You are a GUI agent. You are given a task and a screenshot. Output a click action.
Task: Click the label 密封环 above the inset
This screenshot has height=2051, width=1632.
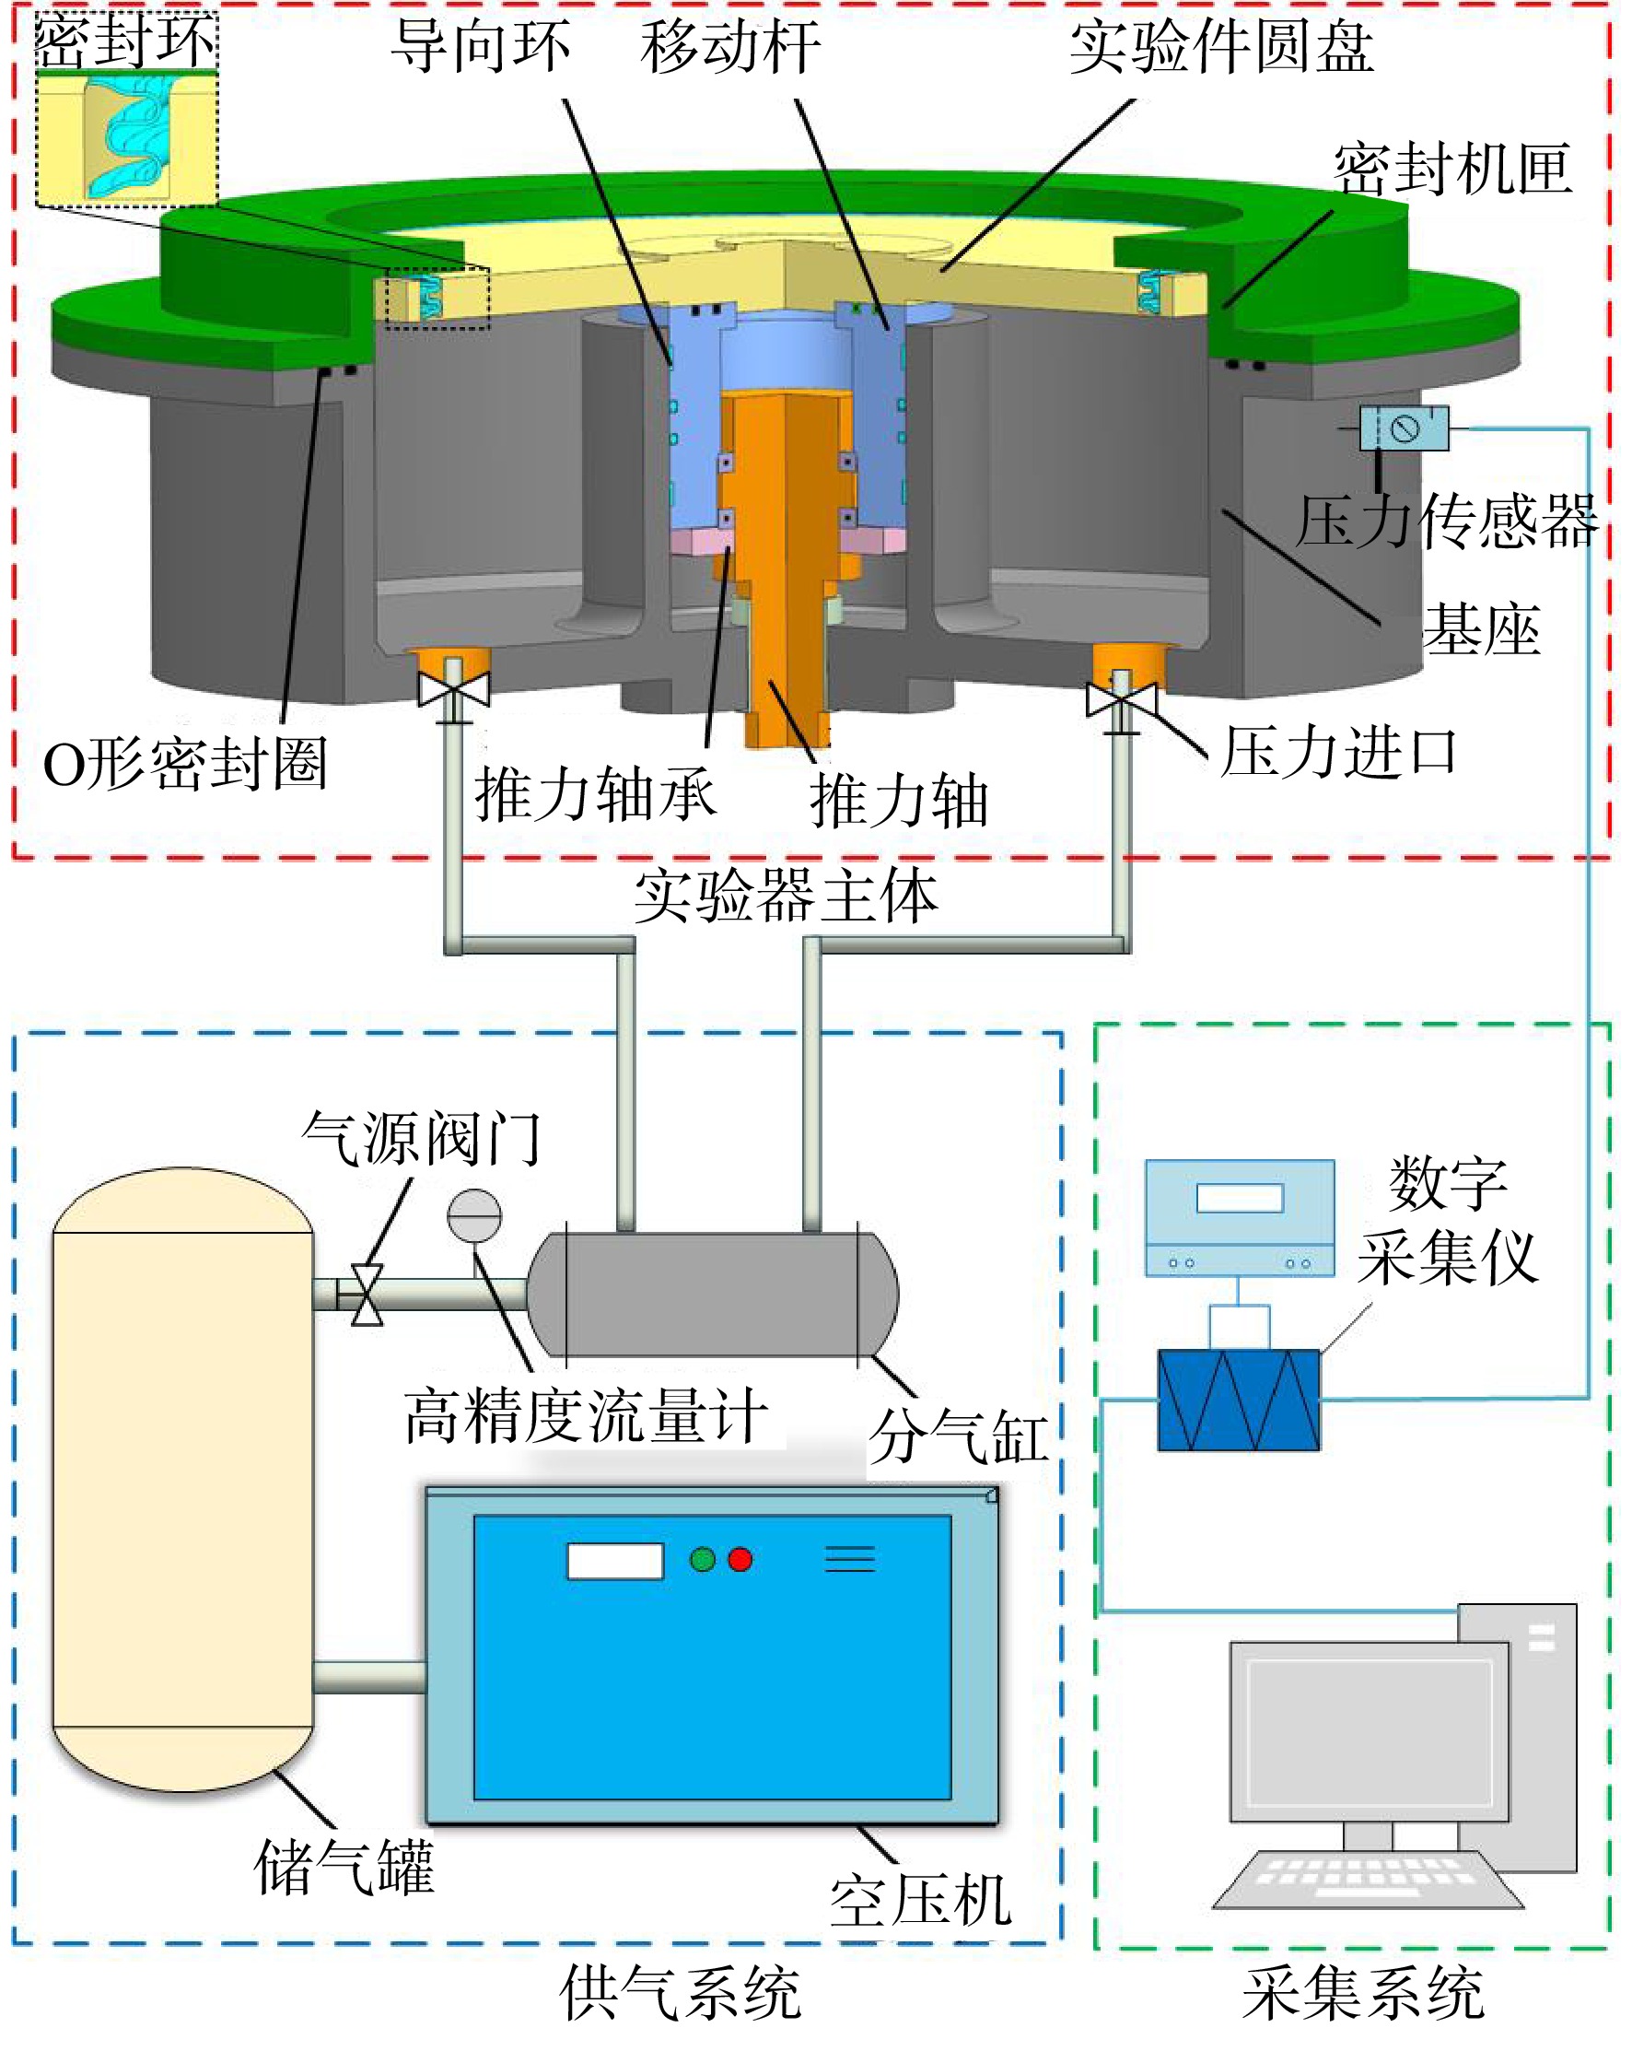125,41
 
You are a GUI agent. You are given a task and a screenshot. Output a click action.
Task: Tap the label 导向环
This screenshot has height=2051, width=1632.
482,46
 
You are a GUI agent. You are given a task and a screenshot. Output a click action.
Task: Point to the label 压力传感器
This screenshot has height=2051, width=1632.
1445,521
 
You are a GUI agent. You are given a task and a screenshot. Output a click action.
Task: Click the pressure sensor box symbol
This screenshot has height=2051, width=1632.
1404,428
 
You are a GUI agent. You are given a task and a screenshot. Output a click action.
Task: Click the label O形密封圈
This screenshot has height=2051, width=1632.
186,763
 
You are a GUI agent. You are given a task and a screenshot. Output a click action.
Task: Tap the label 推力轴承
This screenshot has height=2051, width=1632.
595,793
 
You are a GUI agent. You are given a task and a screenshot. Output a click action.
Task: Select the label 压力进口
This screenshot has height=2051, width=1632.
1338,753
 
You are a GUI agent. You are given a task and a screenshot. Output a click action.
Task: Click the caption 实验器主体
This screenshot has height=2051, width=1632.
786,897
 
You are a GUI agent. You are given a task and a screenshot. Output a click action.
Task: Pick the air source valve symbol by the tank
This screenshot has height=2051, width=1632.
367,1295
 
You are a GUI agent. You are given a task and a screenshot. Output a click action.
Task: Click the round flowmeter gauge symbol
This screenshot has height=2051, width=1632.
473,1215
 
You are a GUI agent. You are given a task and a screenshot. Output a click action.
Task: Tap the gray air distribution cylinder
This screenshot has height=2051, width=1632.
712,1294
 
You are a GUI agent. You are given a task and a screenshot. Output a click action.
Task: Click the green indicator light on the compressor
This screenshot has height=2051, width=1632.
702,1560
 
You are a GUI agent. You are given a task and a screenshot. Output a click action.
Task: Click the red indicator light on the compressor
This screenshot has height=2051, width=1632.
740,1560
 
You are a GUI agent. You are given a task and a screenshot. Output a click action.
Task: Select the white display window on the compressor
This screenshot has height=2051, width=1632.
614,1561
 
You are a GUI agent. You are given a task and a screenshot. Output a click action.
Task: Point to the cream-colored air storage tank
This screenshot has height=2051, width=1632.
182,1479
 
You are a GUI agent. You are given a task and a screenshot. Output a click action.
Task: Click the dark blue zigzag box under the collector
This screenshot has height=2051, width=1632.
1238,1400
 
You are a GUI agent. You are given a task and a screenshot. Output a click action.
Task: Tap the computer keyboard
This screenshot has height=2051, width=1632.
1367,1877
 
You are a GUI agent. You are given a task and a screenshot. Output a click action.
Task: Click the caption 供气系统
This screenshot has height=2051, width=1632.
680,1992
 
